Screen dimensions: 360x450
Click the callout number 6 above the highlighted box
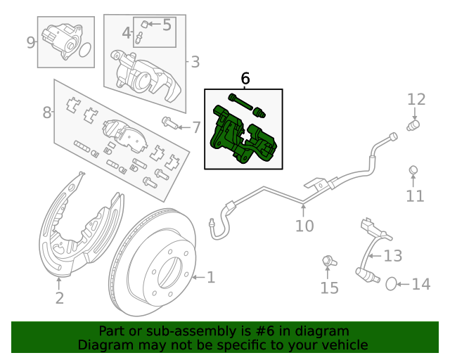pyautogui.click(x=245, y=78)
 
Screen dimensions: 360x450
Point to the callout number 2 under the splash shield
pyautogui.click(x=59, y=298)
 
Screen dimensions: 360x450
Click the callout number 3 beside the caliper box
pyautogui.click(x=195, y=62)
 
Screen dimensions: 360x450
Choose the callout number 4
pyautogui.click(x=127, y=32)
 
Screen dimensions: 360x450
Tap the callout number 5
pyautogui.click(x=167, y=25)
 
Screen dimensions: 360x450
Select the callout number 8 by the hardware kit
pyautogui.click(x=47, y=112)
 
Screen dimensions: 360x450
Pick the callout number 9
pyautogui.click(x=31, y=42)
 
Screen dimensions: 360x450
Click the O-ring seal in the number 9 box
pyautogui.click(x=84, y=50)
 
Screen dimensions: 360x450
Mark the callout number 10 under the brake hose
pyautogui.click(x=304, y=226)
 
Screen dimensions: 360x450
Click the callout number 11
pyautogui.click(x=416, y=195)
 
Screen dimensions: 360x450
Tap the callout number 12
pyautogui.click(x=416, y=99)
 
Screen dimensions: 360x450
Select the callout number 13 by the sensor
pyautogui.click(x=393, y=255)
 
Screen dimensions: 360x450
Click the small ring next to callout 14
pyautogui.click(x=391, y=283)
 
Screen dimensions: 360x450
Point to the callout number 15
pyautogui.click(x=329, y=288)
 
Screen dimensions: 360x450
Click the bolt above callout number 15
pyautogui.click(x=328, y=262)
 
